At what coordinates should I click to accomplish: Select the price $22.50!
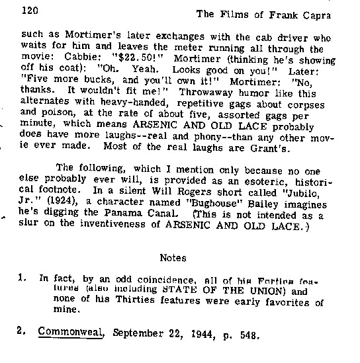[x=138, y=58]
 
